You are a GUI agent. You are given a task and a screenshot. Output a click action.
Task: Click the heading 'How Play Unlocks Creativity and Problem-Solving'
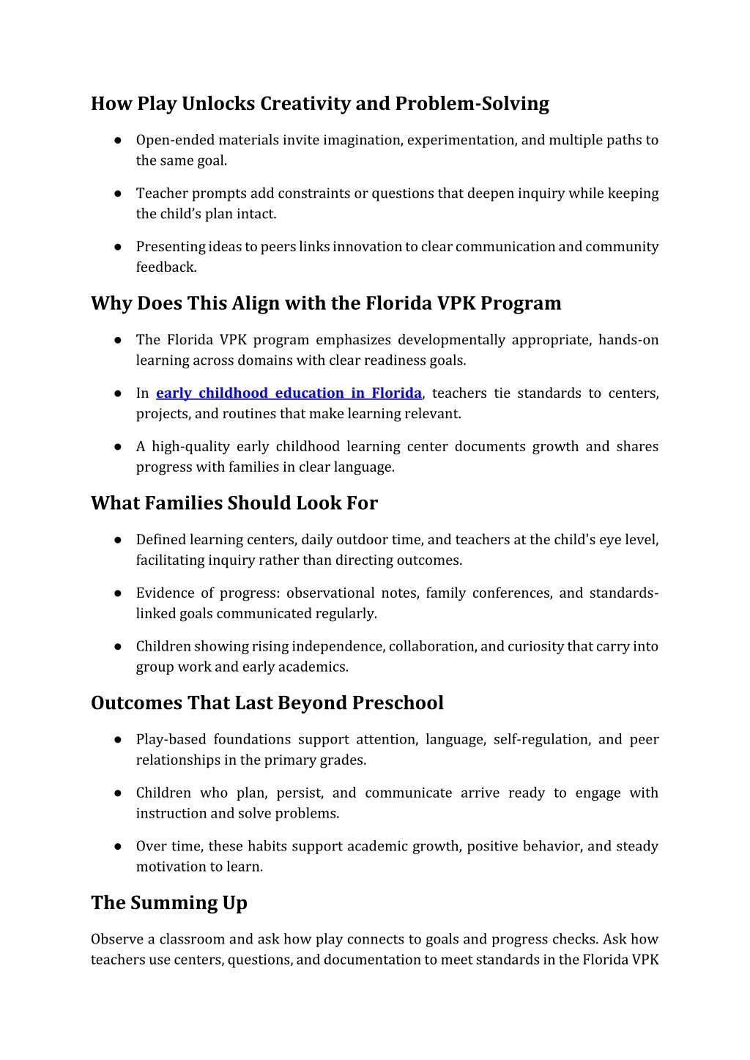(319, 104)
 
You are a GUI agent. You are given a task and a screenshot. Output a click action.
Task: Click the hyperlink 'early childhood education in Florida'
(289, 393)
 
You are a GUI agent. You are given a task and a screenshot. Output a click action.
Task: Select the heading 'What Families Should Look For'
(234, 503)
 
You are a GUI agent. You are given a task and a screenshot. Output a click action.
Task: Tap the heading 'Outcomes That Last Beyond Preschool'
(267, 703)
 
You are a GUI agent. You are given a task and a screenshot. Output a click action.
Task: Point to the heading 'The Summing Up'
(169, 903)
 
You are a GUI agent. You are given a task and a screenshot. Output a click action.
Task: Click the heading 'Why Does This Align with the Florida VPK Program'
(326, 303)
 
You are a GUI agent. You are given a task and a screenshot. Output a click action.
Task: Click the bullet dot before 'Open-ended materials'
(117, 140)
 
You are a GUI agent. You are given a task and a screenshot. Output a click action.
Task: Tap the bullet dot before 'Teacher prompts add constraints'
(117, 193)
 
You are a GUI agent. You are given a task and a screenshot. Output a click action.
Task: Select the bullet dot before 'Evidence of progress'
(117, 593)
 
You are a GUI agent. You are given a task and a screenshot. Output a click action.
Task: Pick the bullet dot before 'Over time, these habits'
(117, 846)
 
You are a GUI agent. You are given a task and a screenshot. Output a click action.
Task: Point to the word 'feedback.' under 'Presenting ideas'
(166, 267)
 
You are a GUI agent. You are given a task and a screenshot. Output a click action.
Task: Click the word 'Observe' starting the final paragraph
(117, 940)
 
